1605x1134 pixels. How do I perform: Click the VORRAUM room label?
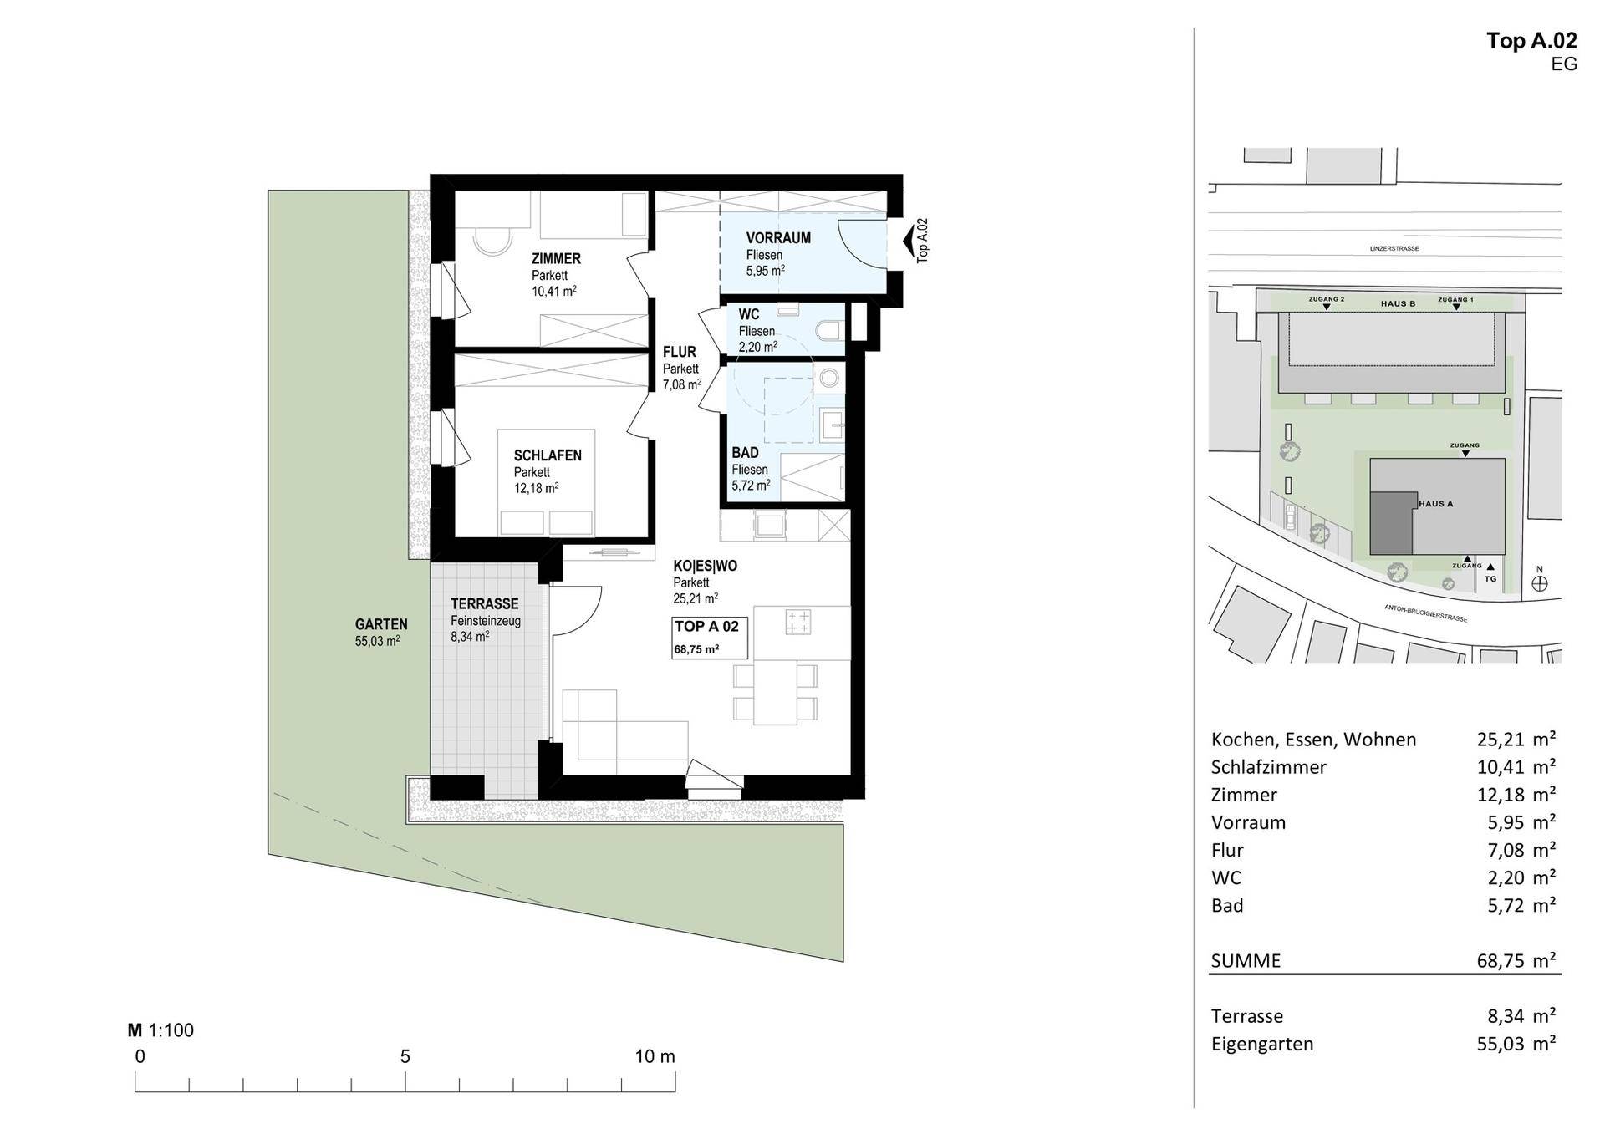[x=778, y=238]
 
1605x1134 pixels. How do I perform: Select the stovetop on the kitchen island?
[x=797, y=622]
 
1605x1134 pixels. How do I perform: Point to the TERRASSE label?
[x=485, y=603]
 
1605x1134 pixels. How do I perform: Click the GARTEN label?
[x=381, y=624]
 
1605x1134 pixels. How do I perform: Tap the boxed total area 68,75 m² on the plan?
[x=697, y=649]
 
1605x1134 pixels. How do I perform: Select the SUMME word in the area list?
[x=1246, y=961]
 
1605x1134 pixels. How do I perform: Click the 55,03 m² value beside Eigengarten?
[x=1516, y=1044]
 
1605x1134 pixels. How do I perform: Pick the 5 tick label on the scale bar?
[x=405, y=1056]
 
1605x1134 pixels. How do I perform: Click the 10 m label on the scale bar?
[x=655, y=1056]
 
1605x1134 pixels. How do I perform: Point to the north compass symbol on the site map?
[x=1540, y=582]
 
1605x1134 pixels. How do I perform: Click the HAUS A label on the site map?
[x=1436, y=504]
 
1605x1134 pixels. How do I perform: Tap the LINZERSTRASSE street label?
[x=1394, y=248]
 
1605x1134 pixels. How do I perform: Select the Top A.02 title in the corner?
[x=1531, y=41]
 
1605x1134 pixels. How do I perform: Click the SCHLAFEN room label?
[x=548, y=455]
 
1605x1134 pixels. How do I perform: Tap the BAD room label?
[x=745, y=453]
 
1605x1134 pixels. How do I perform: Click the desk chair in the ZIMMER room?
[x=492, y=241]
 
